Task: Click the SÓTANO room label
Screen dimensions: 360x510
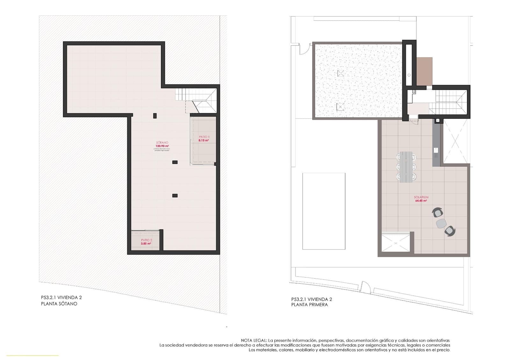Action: [162, 142]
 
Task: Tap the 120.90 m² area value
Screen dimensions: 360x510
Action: [162, 146]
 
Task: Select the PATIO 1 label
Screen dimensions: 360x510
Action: [204, 137]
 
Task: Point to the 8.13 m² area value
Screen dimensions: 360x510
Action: [204, 140]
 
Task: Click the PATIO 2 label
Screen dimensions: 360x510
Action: [147, 240]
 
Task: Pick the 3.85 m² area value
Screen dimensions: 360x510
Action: [146, 244]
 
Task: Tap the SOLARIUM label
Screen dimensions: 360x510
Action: [421, 198]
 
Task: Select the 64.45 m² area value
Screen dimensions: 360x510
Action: [421, 201]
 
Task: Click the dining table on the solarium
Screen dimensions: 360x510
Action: [406, 167]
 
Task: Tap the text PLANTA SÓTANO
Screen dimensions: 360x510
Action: [59, 304]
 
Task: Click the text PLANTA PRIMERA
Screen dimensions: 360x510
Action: [310, 305]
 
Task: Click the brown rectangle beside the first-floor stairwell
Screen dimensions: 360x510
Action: [424, 71]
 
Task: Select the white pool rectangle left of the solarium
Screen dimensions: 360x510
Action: [324, 211]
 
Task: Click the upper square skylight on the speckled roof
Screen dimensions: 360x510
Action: [341, 74]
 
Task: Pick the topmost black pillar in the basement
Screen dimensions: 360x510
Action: [155, 116]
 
